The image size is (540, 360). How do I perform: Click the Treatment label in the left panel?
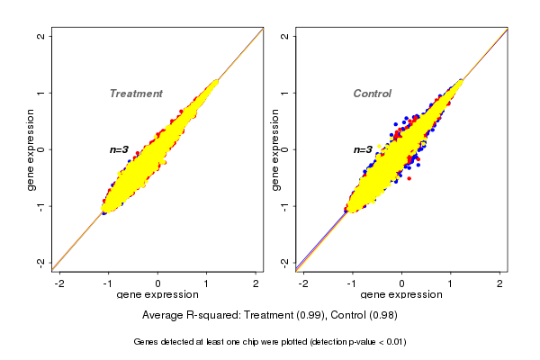[136, 94]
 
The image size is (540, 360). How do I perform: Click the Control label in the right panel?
[372, 94]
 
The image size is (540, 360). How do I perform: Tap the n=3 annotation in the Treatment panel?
[120, 149]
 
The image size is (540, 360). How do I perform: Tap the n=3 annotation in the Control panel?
[363, 150]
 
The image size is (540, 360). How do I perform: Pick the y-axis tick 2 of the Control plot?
[285, 36]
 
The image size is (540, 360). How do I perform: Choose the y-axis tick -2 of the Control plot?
[285, 262]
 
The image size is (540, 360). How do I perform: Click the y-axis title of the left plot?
[31, 149]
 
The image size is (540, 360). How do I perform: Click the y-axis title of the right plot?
[275, 149]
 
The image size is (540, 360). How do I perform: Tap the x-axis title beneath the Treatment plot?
[157, 295]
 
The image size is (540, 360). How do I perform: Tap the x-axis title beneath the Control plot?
[401, 295]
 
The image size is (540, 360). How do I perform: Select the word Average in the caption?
[162, 316]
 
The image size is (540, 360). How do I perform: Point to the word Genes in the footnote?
[147, 342]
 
